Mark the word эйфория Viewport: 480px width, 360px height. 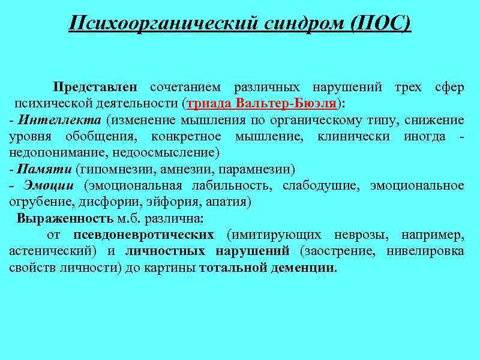point(172,202)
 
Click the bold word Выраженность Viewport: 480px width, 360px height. point(65,218)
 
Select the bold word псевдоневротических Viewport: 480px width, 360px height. point(144,235)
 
